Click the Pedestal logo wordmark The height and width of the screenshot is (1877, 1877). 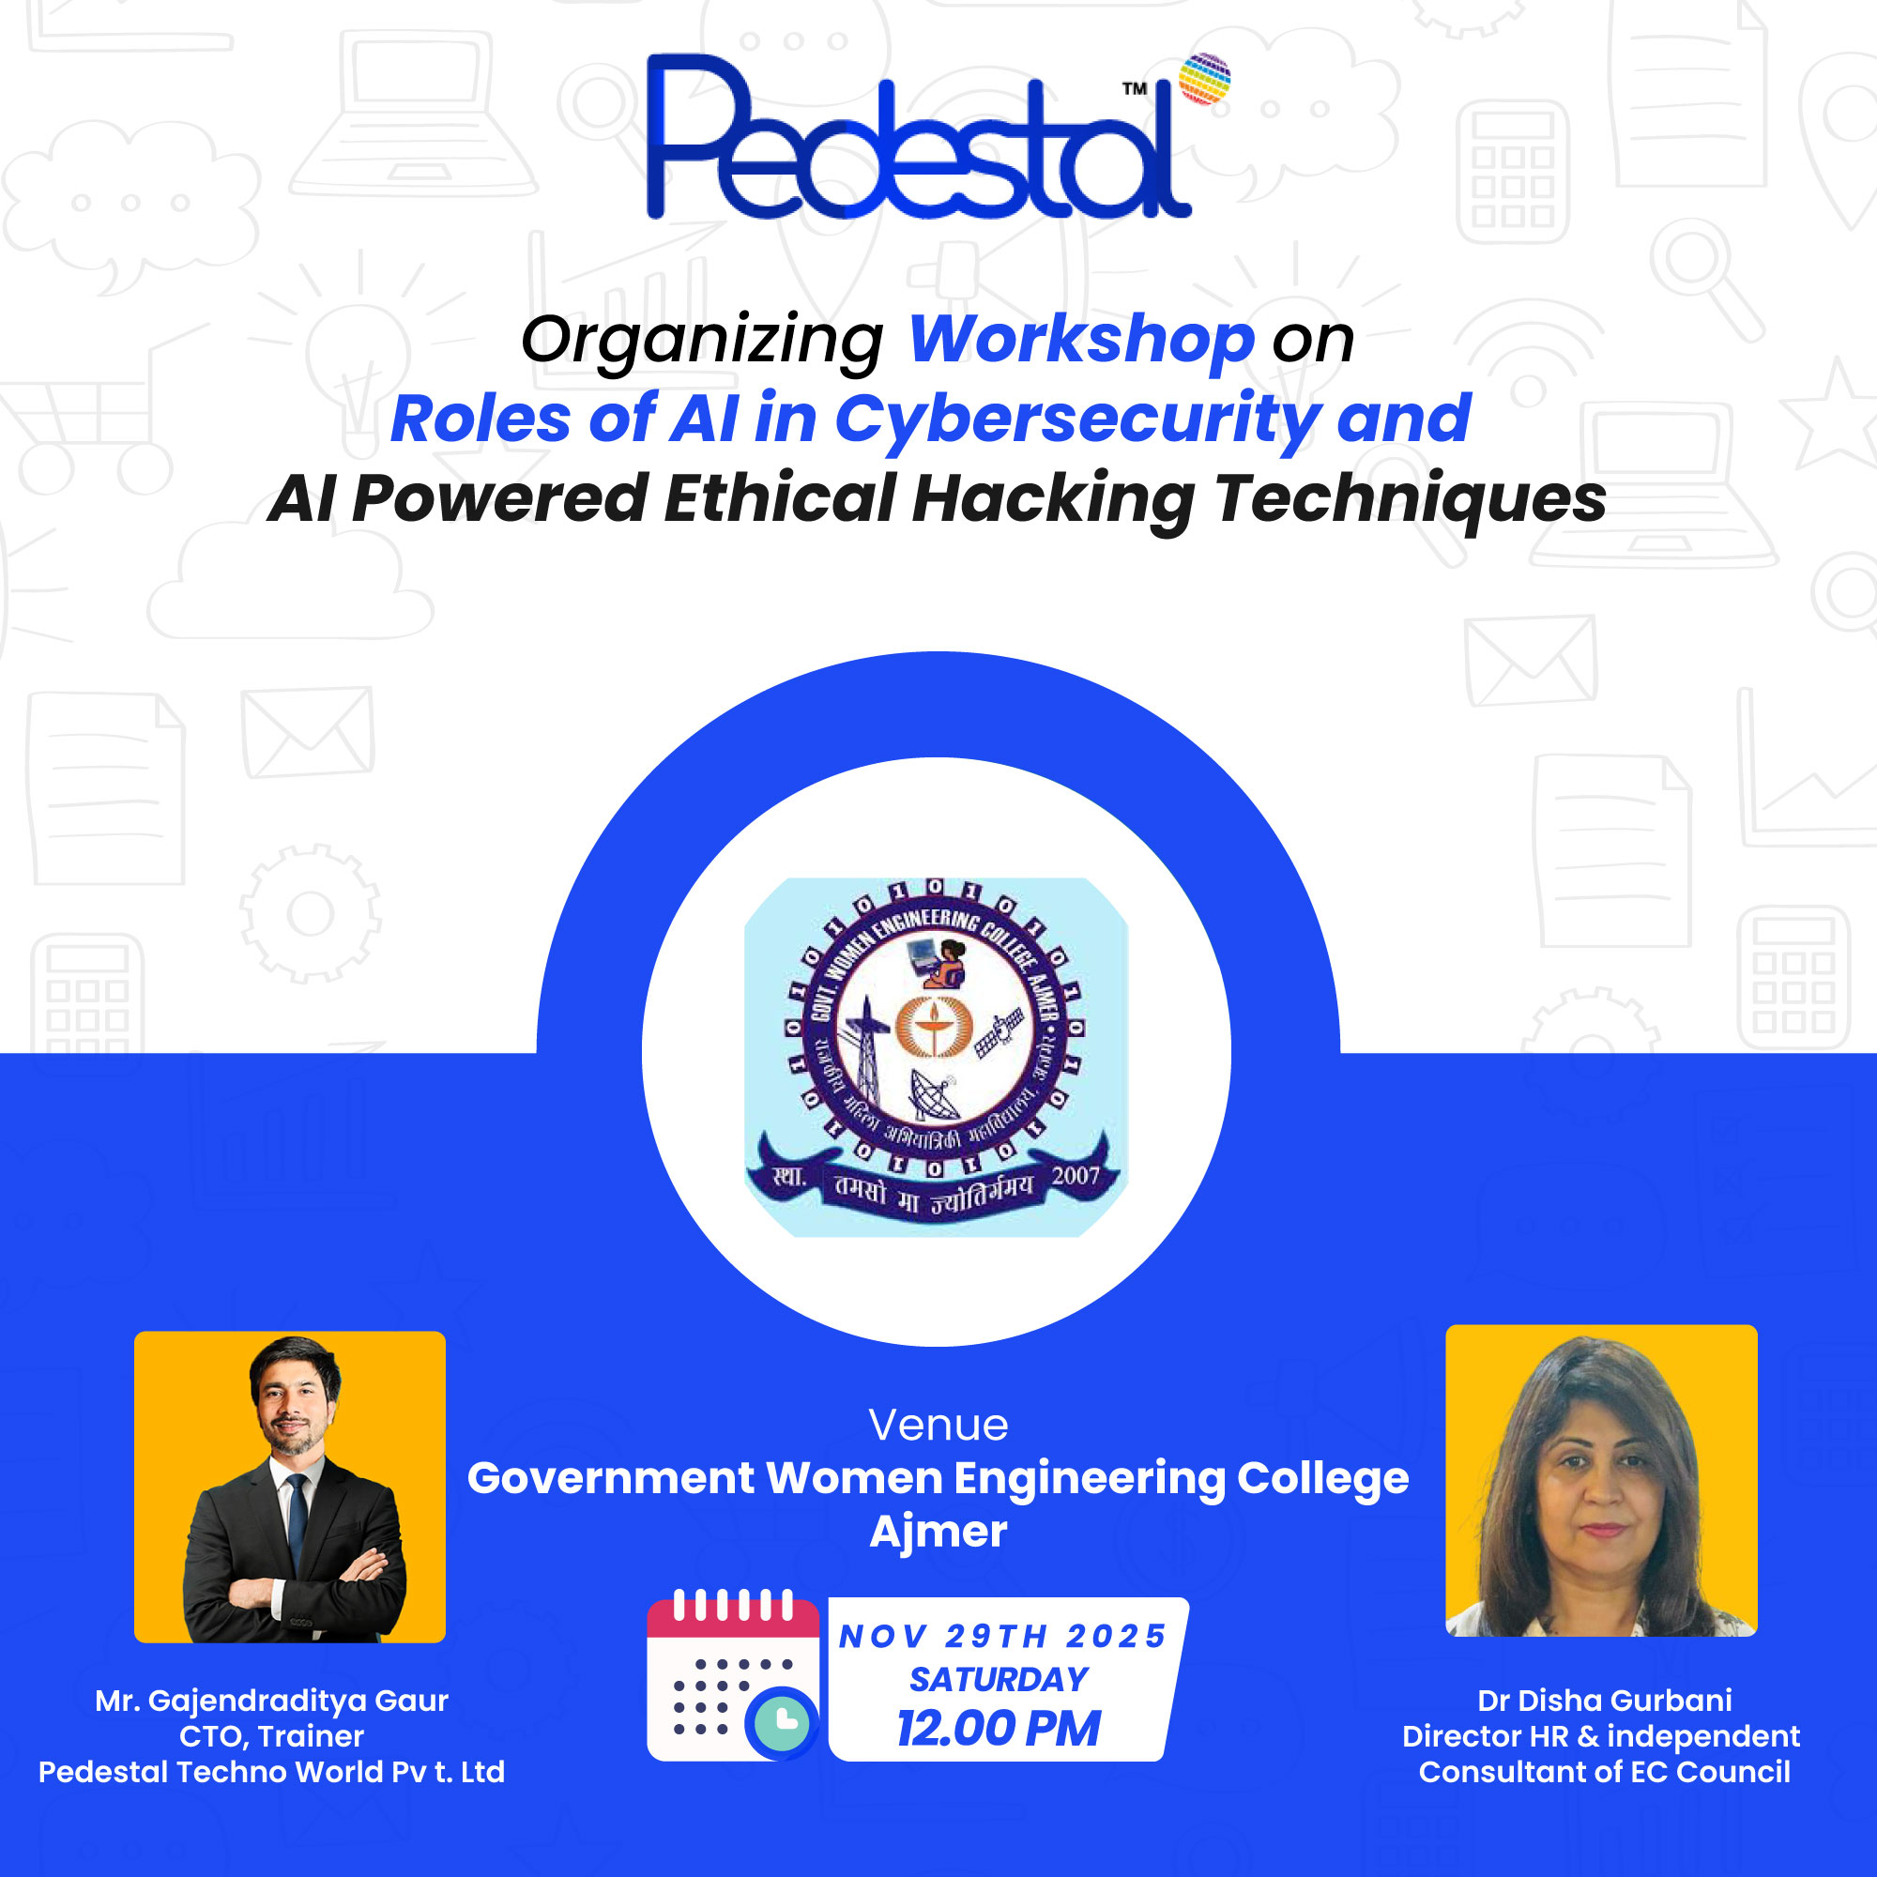[913, 141]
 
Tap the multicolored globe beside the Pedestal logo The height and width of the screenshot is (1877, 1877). [1204, 79]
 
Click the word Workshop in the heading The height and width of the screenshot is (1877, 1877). [1081, 339]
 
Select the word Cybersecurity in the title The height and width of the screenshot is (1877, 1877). [1076, 420]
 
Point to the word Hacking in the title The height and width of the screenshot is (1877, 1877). [1053, 499]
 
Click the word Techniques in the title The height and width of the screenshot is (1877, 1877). [1411, 499]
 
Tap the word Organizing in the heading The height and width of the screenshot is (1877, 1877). [701, 341]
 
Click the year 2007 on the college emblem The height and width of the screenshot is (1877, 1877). [1076, 1176]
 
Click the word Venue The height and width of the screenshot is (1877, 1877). [938, 1426]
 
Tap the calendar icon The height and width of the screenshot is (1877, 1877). [732, 1676]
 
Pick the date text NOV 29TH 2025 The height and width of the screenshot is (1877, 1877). [1002, 1636]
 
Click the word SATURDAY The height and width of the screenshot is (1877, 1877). [999, 1679]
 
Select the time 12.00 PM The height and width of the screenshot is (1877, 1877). [998, 1729]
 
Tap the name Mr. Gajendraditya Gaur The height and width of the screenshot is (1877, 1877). [271, 1701]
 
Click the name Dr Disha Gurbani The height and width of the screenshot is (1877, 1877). [1604, 1701]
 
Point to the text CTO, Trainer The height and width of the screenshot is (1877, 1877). [271, 1736]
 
